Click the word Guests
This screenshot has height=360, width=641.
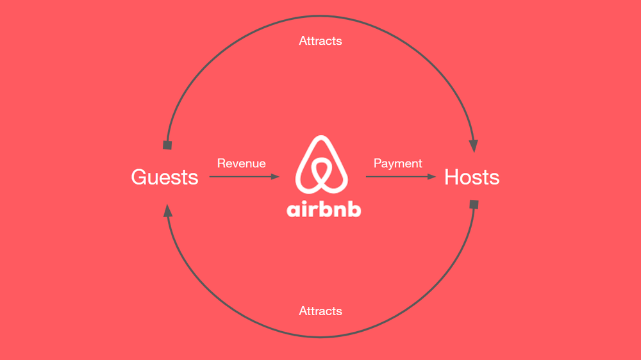click(165, 177)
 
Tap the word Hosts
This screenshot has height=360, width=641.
click(472, 177)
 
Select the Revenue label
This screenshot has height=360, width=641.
click(241, 163)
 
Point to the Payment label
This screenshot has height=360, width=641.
click(398, 163)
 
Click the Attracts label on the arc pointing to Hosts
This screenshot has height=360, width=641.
click(320, 41)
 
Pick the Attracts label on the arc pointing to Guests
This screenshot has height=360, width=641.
click(320, 311)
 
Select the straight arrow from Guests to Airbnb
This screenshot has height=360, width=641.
click(244, 177)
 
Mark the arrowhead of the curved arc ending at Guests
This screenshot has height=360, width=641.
click(167, 211)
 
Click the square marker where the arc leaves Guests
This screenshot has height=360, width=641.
click(168, 145)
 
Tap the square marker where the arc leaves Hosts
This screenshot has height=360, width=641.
click(474, 205)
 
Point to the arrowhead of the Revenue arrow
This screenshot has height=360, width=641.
click(276, 177)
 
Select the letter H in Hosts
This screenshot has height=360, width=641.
click(452, 177)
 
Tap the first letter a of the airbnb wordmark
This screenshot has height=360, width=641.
click(294, 211)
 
